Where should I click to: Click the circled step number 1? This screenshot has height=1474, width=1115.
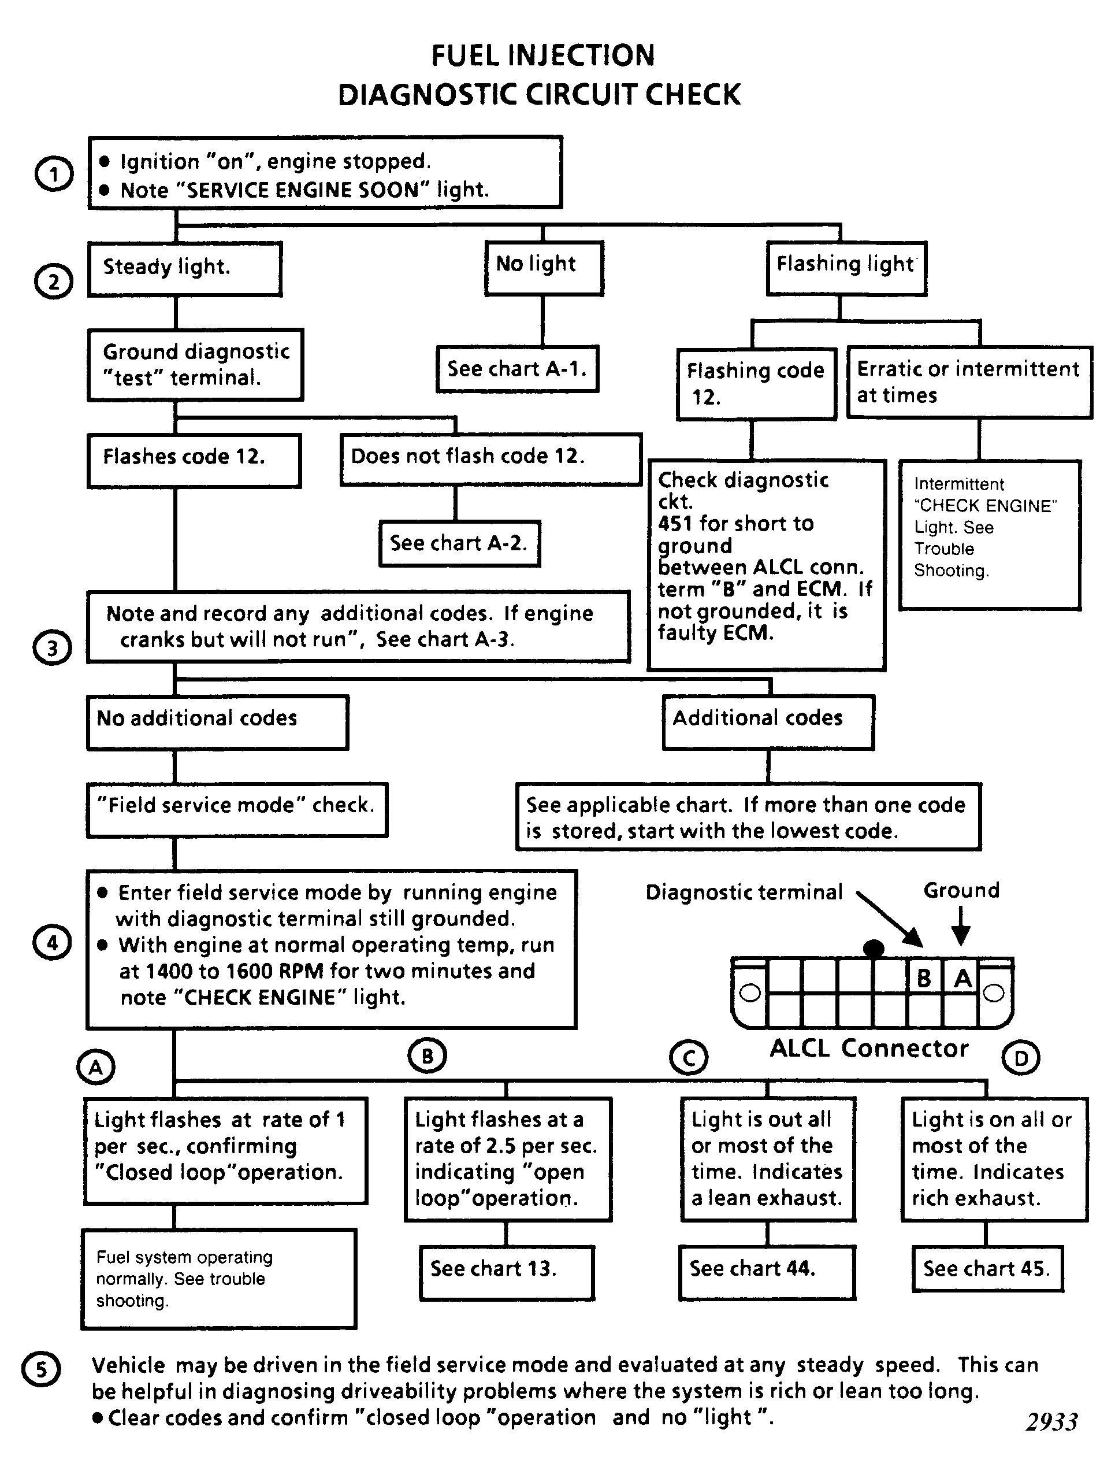[53, 175]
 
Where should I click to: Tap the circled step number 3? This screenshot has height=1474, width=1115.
[52, 649]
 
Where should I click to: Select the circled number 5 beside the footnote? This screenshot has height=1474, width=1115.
[41, 1388]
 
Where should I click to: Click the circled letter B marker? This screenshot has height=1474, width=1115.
[427, 1056]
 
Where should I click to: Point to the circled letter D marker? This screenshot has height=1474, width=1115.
[1020, 1057]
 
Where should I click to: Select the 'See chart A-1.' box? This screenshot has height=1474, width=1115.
[518, 369]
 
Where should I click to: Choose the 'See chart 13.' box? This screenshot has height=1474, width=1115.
[507, 1272]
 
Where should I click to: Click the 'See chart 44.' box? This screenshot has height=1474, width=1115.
[767, 1272]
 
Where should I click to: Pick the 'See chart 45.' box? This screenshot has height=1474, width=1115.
[988, 1269]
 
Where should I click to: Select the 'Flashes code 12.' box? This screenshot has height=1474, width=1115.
[195, 461]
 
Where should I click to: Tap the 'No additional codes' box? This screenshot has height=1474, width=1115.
[218, 723]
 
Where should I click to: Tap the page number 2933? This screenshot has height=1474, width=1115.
[1051, 1421]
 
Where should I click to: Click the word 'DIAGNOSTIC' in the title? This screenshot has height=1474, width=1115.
[430, 95]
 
